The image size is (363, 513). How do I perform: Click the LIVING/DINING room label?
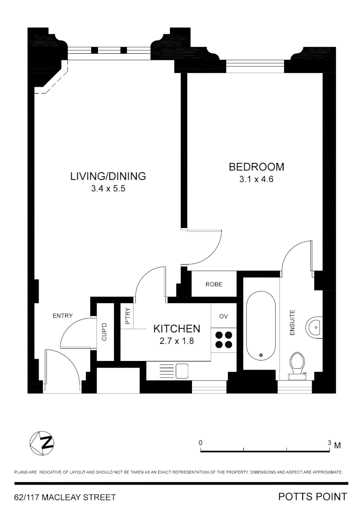point(108,176)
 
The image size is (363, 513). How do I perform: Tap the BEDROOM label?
point(257,167)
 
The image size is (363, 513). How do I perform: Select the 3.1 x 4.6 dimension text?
point(257,180)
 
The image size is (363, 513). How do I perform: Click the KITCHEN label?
point(176,329)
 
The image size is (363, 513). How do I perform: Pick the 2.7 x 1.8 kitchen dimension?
point(176,341)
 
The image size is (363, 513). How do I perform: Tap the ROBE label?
point(214,285)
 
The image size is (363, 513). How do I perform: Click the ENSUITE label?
point(292,323)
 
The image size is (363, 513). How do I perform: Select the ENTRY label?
point(63,316)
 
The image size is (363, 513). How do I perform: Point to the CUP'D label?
point(104,332)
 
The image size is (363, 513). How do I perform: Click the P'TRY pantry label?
point(127,317)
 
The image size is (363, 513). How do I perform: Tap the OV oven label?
point(223,316)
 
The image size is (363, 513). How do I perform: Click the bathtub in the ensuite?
point(260,327)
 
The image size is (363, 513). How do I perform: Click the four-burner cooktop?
point(224,340)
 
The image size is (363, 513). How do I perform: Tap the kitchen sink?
point(181,370)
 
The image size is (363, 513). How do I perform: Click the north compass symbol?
point(42,443)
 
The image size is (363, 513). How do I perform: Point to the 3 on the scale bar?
point(329,442)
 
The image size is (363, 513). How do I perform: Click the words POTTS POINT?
point(313,497)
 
